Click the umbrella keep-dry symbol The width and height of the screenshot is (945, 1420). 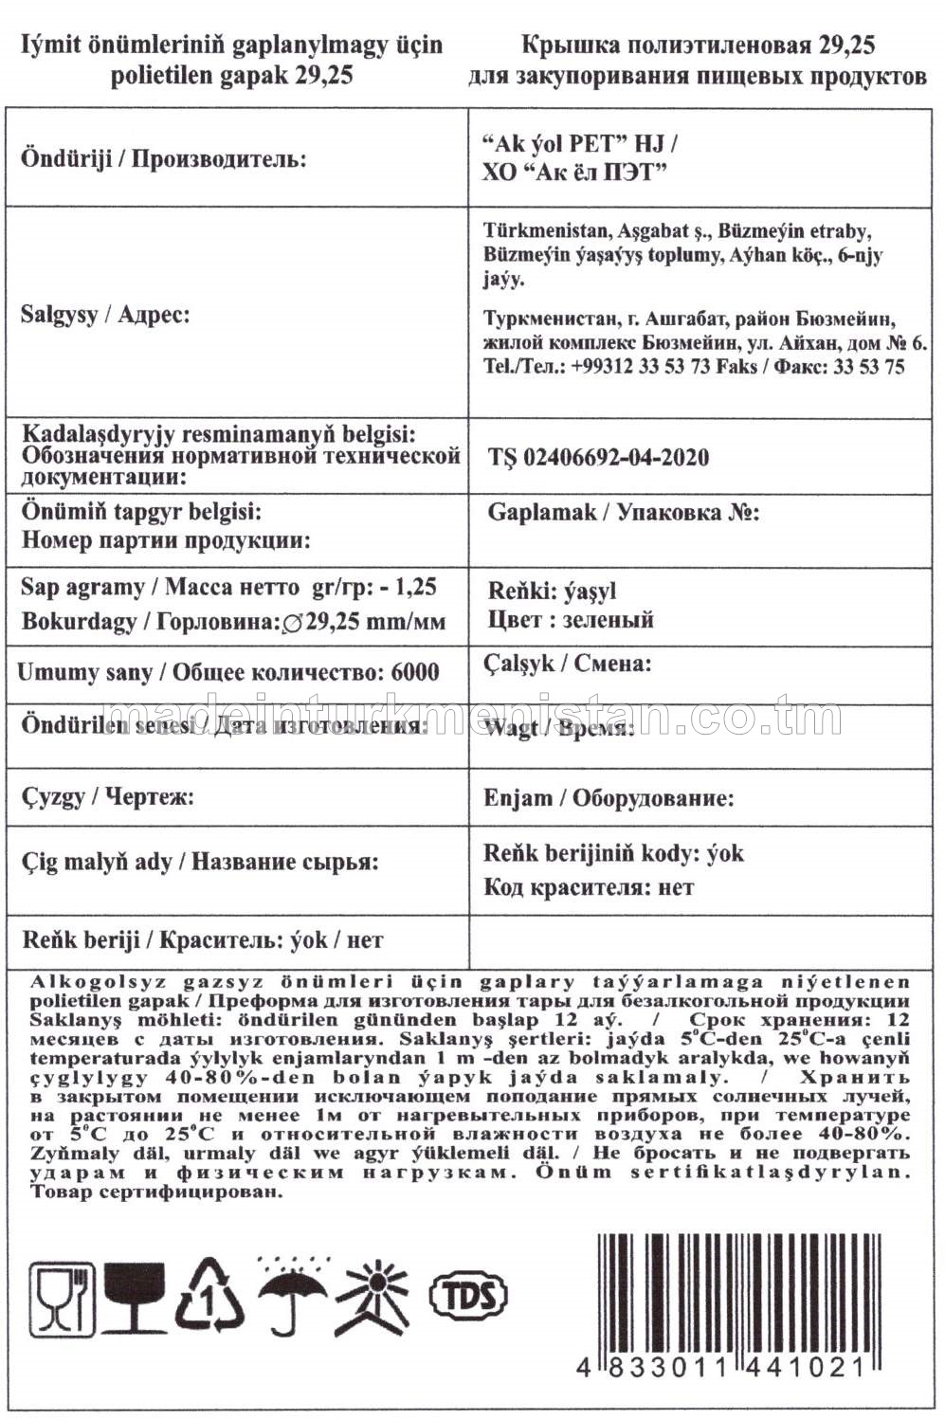click(x=292, y=1293)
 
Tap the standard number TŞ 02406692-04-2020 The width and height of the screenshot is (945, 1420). click(x=598, y=457)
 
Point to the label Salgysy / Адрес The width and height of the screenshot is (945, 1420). click(x=105, y=315)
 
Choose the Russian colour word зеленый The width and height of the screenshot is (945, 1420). click(x=608, y=620)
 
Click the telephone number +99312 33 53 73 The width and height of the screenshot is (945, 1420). click(x=640, y=367)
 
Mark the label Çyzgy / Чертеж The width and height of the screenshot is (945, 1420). click(x=108, y=796)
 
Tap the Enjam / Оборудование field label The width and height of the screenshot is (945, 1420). click(x=609, y=798)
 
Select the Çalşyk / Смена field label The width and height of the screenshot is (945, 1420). click(x=569, y=664)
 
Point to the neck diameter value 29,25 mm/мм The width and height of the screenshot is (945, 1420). click(x=376, y=623)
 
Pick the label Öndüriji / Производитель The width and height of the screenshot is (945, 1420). click(x=163, y=158)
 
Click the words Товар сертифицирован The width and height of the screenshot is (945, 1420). click(x=156, y=1192)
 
